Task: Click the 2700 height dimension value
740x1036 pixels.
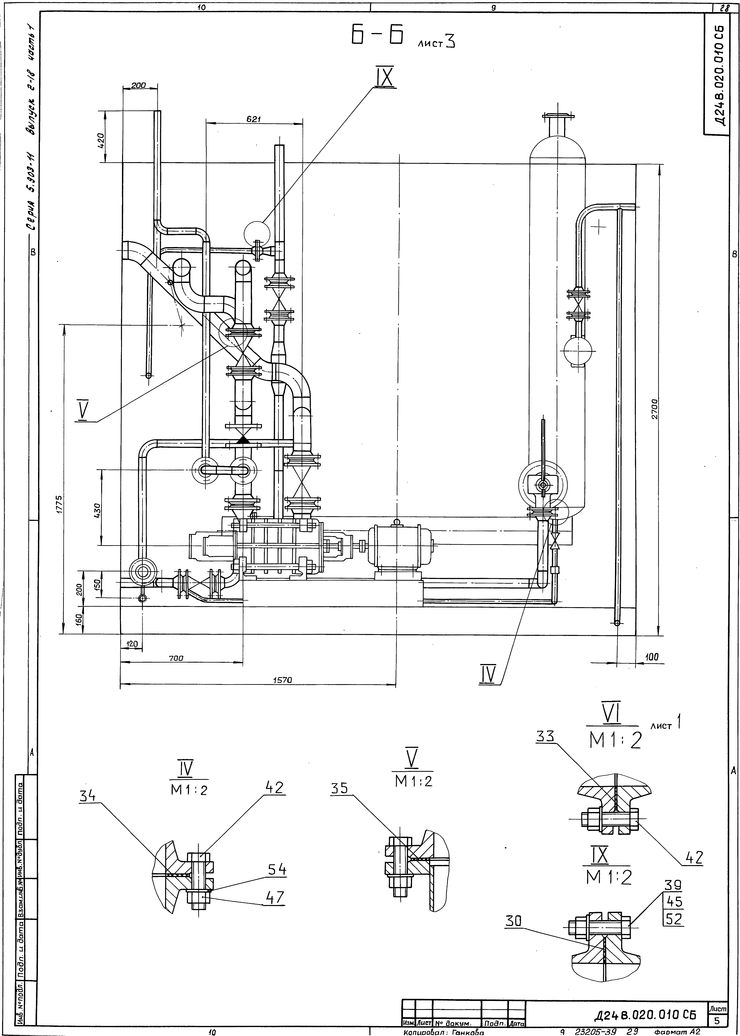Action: coord(653,410)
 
